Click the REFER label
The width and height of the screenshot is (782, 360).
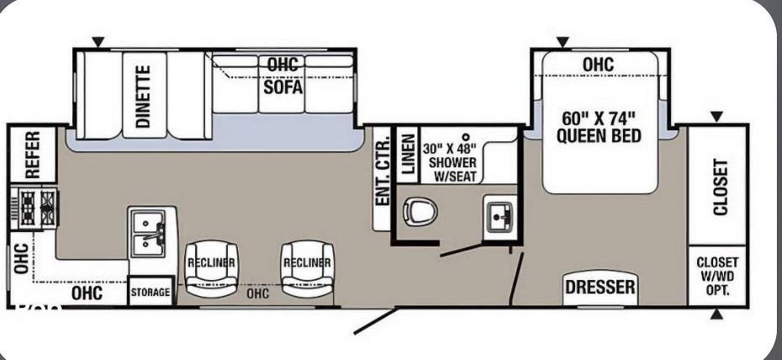[33, 155]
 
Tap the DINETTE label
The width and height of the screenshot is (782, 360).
[144, 96]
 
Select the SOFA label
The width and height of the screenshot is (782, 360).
[283, 87]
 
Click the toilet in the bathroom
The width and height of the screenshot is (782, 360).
[420, 211]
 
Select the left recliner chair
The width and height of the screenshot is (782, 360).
[211, 269]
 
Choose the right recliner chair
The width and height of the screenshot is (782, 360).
[307, 269]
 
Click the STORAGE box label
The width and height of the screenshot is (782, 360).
[151, 292]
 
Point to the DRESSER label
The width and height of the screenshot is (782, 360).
[600, 287]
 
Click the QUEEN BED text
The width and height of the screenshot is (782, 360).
[599, 135]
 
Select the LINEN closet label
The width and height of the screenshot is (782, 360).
[409, 155]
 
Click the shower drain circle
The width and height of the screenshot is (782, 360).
[466, 136]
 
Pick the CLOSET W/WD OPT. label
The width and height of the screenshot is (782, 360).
[717, 276]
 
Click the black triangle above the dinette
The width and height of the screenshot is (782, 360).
[98, 42]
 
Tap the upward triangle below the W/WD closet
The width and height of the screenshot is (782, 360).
[716, 314]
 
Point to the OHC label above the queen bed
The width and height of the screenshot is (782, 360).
[598, 64]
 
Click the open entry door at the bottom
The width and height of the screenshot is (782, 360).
[375, 320]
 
